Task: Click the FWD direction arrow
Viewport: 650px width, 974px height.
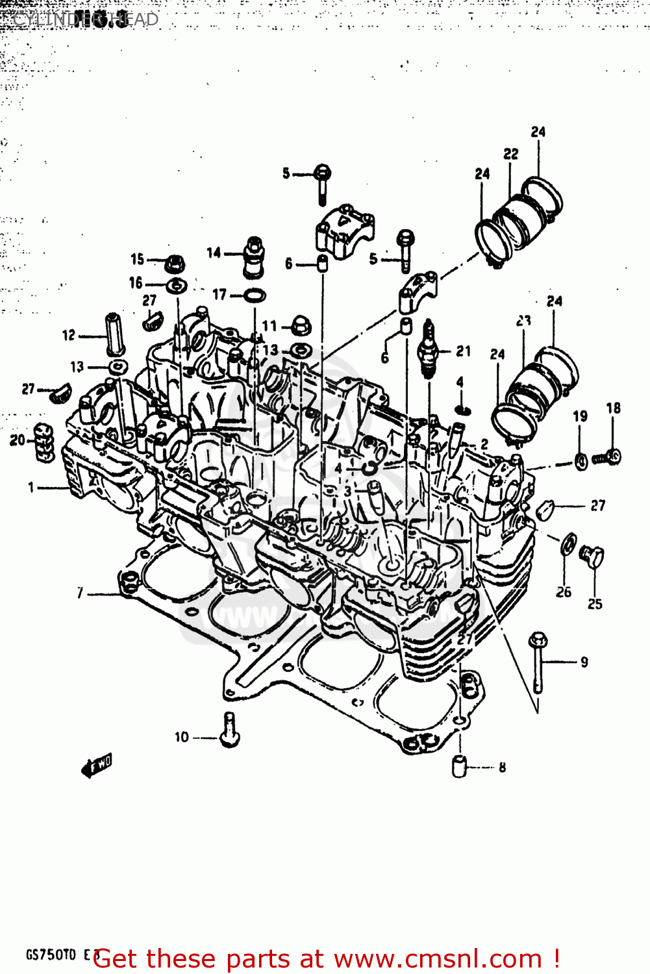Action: point(96,766)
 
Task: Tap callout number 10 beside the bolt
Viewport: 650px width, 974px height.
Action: point(181,737)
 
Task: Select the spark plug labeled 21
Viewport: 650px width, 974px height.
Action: point(427,351)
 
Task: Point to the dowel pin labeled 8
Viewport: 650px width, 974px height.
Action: point(460,767)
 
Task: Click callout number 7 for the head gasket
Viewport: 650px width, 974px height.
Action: point(80,593)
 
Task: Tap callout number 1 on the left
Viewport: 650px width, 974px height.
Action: point(31,487)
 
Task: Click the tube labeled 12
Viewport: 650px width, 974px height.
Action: point(114,334)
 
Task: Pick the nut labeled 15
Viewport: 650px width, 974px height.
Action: point(175,264)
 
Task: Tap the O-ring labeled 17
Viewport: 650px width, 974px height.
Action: point(255,296)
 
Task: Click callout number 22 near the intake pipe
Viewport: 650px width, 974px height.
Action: point(511,154)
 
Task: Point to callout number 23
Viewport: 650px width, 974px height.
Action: point(523,321)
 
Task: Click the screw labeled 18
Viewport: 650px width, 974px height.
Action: point(608,457)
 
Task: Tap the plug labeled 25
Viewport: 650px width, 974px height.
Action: point(592,556)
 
